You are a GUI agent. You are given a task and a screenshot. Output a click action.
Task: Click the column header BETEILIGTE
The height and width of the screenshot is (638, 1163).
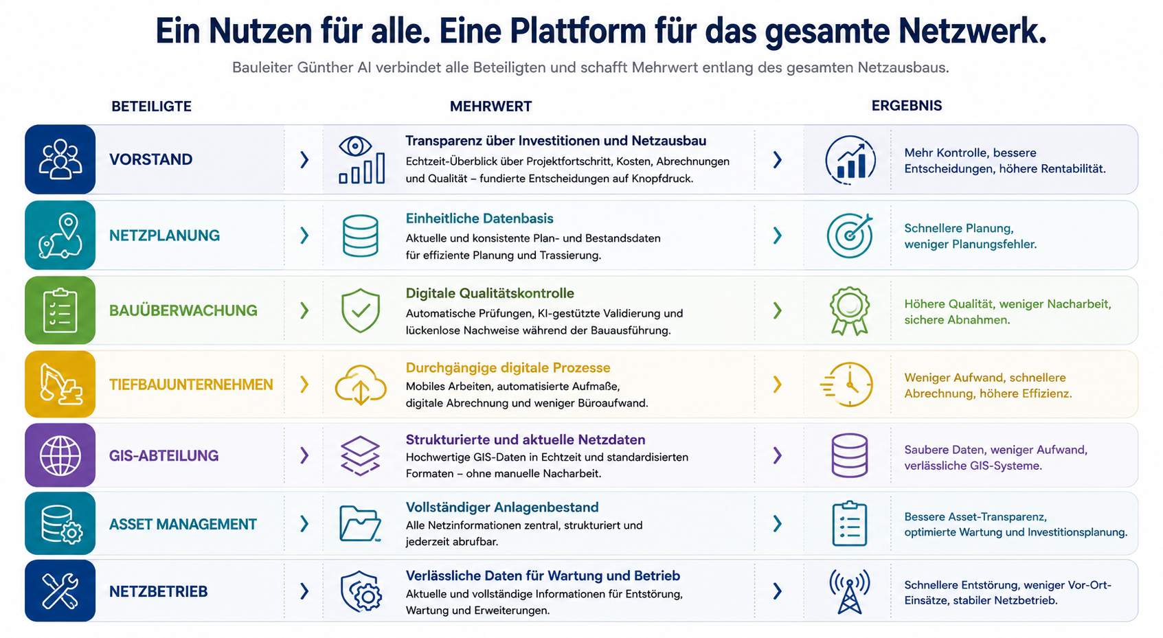pyautogui.click(x=151, y=106)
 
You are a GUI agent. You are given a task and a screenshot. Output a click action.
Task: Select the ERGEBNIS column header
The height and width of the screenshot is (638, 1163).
pyautogui.click(x=907, y=106)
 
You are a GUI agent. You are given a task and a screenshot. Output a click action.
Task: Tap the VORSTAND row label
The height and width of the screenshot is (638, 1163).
pyautogui.click(x=150, y=159)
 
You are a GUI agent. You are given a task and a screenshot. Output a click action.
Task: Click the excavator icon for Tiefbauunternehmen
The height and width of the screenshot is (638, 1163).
pyautogui.click(x=60, y=384)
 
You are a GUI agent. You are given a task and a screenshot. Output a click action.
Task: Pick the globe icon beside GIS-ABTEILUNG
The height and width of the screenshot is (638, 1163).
pyautogui.click(x=60, y=456)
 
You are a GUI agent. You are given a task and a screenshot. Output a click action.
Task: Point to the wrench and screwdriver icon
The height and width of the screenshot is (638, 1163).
pyautogui.click(x=60, y=591)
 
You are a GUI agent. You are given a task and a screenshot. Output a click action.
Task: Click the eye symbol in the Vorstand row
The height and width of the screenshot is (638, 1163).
pyautogui.click(x=355, y=146)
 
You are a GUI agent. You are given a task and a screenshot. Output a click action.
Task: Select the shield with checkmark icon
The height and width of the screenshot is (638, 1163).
pyautogui.click(x=361, y=310)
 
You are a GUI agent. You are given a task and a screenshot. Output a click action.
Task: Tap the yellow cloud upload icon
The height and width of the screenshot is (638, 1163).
pyautogui.click(x=361, y=385)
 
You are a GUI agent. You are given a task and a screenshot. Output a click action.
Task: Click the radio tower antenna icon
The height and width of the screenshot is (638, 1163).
pyautogui.click(x=849, y=591)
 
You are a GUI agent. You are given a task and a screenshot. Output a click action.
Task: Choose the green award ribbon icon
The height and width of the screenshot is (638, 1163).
pyautogui.click(x=849, y=310)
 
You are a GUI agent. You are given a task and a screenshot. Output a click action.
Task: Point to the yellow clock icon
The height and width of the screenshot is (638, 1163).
pyautogui.click(x=847, y=385)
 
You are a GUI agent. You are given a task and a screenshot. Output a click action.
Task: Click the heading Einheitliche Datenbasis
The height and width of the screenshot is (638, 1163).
pyautogui.click(x=479, y=218)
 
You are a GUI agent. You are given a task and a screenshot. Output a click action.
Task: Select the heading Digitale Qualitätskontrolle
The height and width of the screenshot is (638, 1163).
pyautogui.click(x=490, y=293)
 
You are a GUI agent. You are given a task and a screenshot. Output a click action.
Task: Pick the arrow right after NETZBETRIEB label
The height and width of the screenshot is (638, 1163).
pyautogui.click(x=305, y=591)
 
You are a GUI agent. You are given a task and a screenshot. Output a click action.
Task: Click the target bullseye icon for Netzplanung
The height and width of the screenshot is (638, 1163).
pyautogui.click(x=849, y=236)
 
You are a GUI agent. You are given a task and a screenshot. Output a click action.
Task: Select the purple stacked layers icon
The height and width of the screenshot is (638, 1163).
pyautogui.click(x=360, y=456)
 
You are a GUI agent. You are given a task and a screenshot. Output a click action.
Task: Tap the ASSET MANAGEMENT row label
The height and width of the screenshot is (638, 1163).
pyautogui.click(x=183, y=524)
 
